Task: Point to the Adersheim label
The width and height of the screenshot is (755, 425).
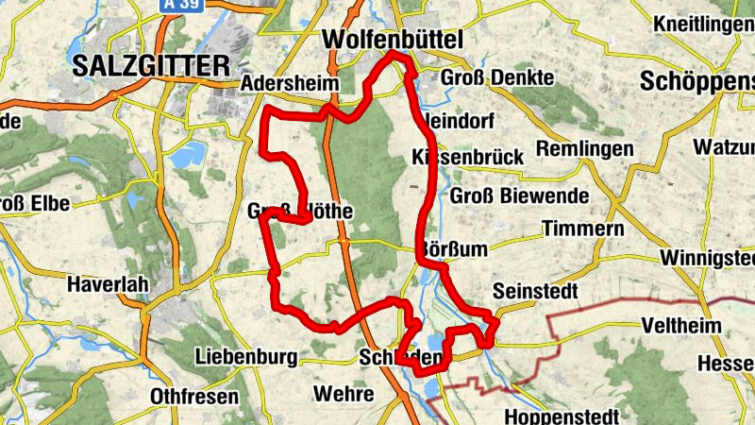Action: tap(290, 84)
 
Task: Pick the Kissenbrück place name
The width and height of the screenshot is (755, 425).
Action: tap(468, 158)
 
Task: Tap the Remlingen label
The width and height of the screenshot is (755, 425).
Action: tap(584, 149)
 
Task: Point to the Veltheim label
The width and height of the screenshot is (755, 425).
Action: tap(680, 326)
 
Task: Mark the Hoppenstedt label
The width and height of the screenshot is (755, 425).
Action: tap(562, 416)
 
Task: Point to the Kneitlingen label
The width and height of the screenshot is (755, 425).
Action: tap(702, 23)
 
